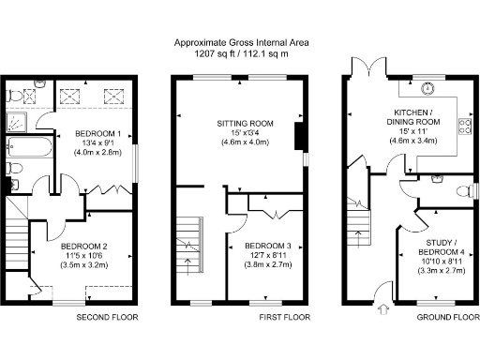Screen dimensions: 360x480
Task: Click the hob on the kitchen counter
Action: [x=462, y=127]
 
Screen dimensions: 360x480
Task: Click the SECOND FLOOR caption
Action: [x=107, y=318]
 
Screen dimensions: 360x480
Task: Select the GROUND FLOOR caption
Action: [x=446, y=318]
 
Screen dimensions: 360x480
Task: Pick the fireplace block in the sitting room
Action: [x=298, y=138]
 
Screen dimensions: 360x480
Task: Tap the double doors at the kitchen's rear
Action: [x=366, y=67]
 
